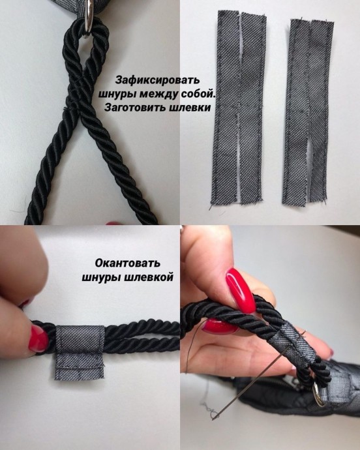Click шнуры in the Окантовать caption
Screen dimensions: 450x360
tap(100, 277)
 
